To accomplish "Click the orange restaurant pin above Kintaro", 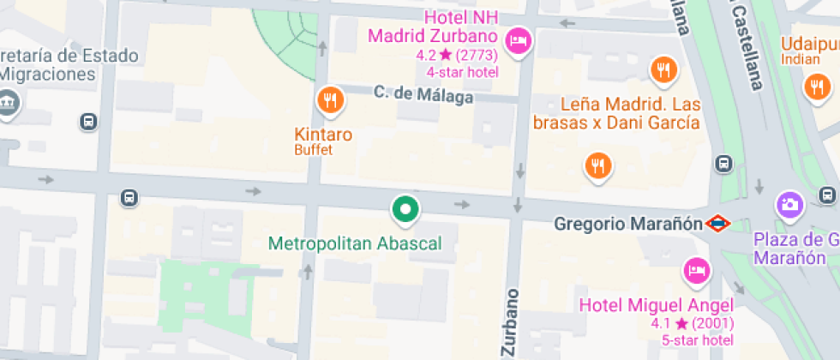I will [330, 101].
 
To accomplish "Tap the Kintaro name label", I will [323, 135].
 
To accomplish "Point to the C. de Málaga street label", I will [423, 95].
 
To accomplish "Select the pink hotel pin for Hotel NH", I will [518, 40].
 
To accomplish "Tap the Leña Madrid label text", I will [616, 113].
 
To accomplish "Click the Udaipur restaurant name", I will [810, 43].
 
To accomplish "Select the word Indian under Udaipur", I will [801, 59].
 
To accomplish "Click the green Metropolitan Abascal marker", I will [405, 208].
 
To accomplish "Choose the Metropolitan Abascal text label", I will [355, 243].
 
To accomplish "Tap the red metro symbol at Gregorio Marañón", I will [717, 225].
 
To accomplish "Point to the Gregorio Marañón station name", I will [628, 225].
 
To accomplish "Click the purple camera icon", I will [789, 204].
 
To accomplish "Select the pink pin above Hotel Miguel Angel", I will [695, 271].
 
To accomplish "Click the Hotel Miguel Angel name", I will [657, 305].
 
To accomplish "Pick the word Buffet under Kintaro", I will [313, 150].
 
